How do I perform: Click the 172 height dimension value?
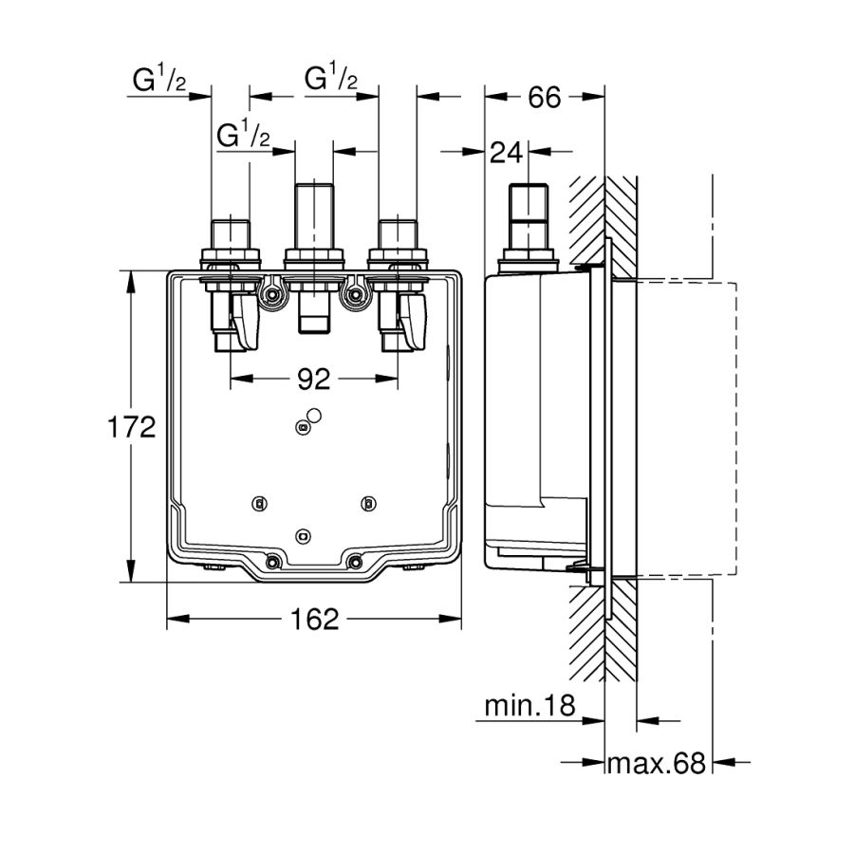click(131, 428)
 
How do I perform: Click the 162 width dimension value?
click(314, 620)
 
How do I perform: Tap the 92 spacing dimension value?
click(313, 380)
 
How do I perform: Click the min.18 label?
click(530, 707)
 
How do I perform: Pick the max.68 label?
click(657, 762)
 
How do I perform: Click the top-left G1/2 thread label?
click(158, 83)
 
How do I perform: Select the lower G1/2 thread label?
click(244, 138)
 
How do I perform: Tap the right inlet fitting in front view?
click(398, 237)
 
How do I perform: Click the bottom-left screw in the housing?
click(272, 562)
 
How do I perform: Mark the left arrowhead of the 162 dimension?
click(174, 620)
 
